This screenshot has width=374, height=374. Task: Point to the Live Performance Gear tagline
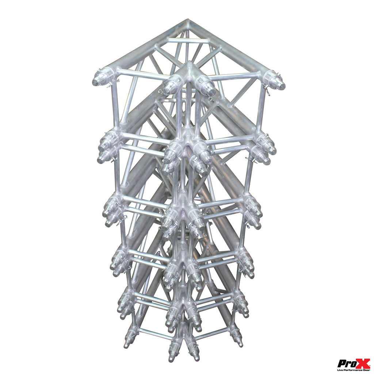354,370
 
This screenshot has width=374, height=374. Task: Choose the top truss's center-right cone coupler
205,85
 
